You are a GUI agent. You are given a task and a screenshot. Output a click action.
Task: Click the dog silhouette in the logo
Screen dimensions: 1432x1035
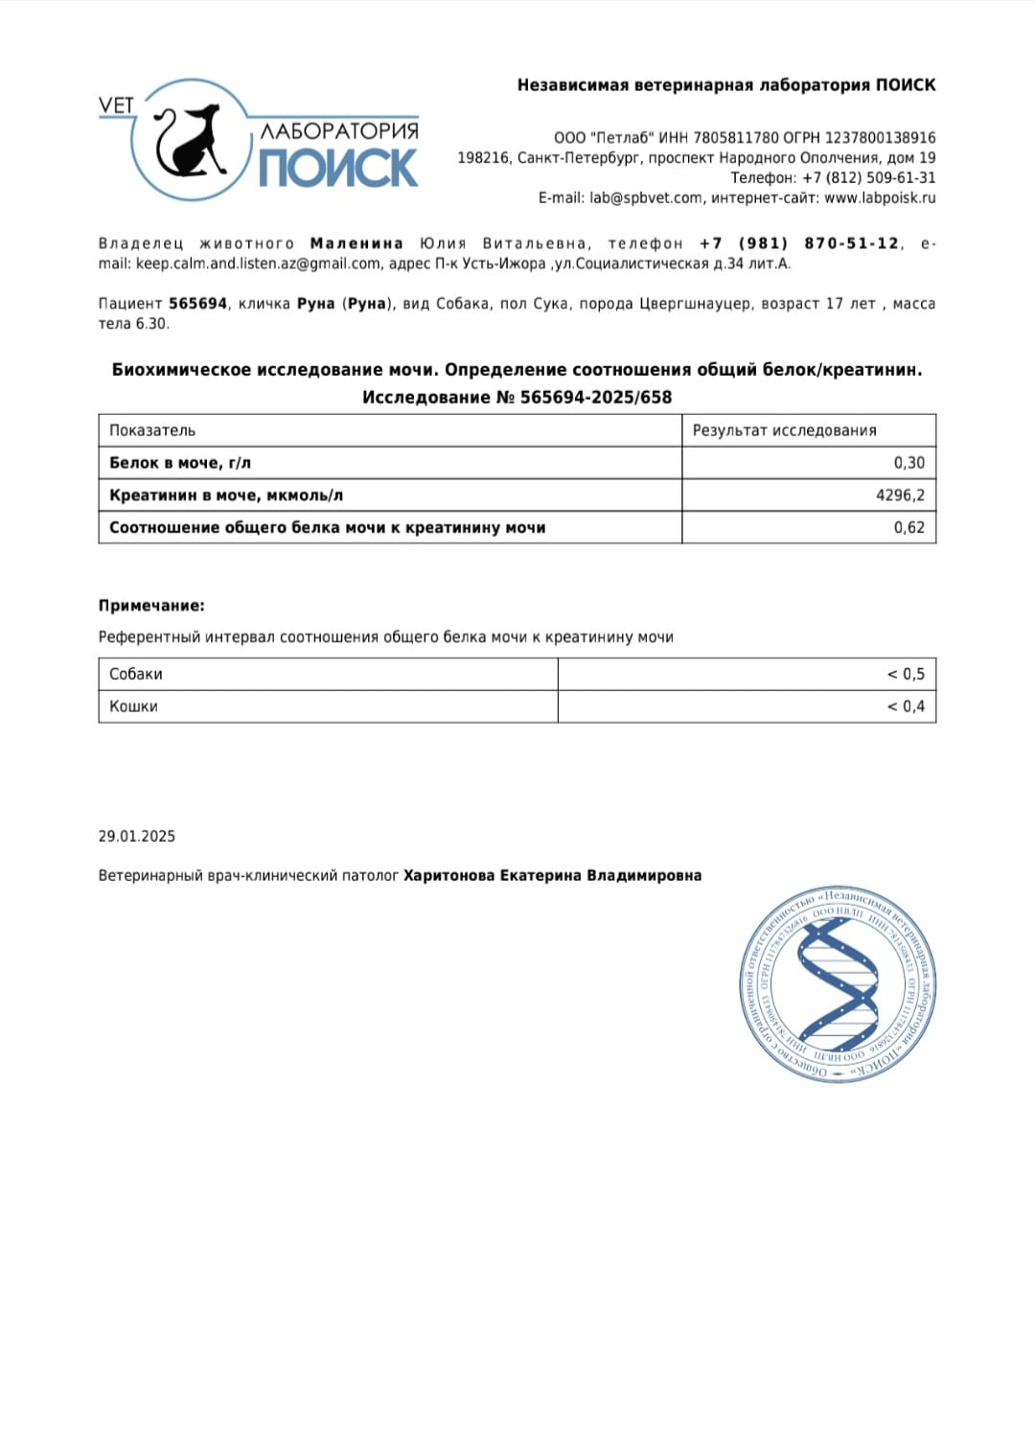pos(189,142)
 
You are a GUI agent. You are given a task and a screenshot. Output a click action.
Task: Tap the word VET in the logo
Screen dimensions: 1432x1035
pos(116,105)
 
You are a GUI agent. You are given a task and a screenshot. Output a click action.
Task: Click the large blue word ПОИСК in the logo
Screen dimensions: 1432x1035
pos(338,168)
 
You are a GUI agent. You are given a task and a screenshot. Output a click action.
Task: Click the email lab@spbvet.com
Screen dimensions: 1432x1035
pos(645,197)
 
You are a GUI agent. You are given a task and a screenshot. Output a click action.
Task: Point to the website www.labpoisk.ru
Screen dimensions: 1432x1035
pos(880,197)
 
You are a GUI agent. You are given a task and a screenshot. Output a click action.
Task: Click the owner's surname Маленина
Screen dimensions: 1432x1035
pos(356,243)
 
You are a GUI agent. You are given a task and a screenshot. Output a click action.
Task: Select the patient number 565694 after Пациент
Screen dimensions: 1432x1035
pos(197,304)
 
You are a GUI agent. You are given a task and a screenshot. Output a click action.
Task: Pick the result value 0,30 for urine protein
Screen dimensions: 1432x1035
pos(908,463)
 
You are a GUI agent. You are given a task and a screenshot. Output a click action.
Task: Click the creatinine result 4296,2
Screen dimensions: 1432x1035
pos(900,496)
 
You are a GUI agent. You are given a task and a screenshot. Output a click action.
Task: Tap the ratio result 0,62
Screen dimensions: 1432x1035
pos(908,527)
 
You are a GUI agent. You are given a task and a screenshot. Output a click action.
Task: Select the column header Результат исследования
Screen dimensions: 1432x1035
pos(784,430)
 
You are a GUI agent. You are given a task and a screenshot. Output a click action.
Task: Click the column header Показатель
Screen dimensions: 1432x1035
pos(152,430)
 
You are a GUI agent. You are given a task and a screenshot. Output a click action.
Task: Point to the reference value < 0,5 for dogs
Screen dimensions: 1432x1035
pos(906,674)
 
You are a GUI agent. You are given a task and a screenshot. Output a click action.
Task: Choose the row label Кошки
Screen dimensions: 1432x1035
pos(133,706)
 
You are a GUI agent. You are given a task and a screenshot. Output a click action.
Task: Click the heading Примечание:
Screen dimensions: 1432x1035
pos(151,606)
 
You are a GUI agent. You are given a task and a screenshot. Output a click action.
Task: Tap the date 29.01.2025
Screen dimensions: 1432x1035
pos(137,836)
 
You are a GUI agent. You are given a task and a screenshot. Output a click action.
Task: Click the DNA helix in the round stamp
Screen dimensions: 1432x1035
pos(839,984)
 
